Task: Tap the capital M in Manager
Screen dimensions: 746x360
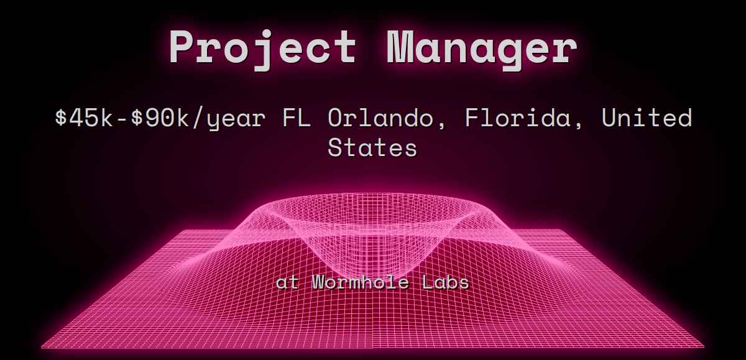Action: pyautogui.click(x=400, y=47)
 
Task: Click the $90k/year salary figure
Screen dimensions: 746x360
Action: pyautogui.click(x=198, y=119)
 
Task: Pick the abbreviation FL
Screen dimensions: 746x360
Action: pyautogui.click(x=297, y=118)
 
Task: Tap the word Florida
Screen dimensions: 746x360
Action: pyautogui.click(x=518, y=118)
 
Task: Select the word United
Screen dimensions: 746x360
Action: pyautogui.click(x=647, y=118)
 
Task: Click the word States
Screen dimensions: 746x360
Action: pyautogui.click(x=372, y=147)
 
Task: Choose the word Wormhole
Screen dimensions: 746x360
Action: pyautogui.click(x=361, y=282)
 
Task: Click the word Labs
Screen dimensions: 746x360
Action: pyautogui.click(x=445, y=282)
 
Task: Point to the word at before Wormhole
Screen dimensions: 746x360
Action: pyautogui.click(x=287, y=283)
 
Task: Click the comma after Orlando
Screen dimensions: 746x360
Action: pyautogui.click(x=441, y=125)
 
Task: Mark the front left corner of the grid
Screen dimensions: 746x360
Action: pyautogui.click(x=41, y=348)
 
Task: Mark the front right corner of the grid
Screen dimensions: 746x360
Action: pyautogui.click(x=704, y=347)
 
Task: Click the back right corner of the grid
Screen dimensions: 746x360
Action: pyautogui.click(x=562, y=230)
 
